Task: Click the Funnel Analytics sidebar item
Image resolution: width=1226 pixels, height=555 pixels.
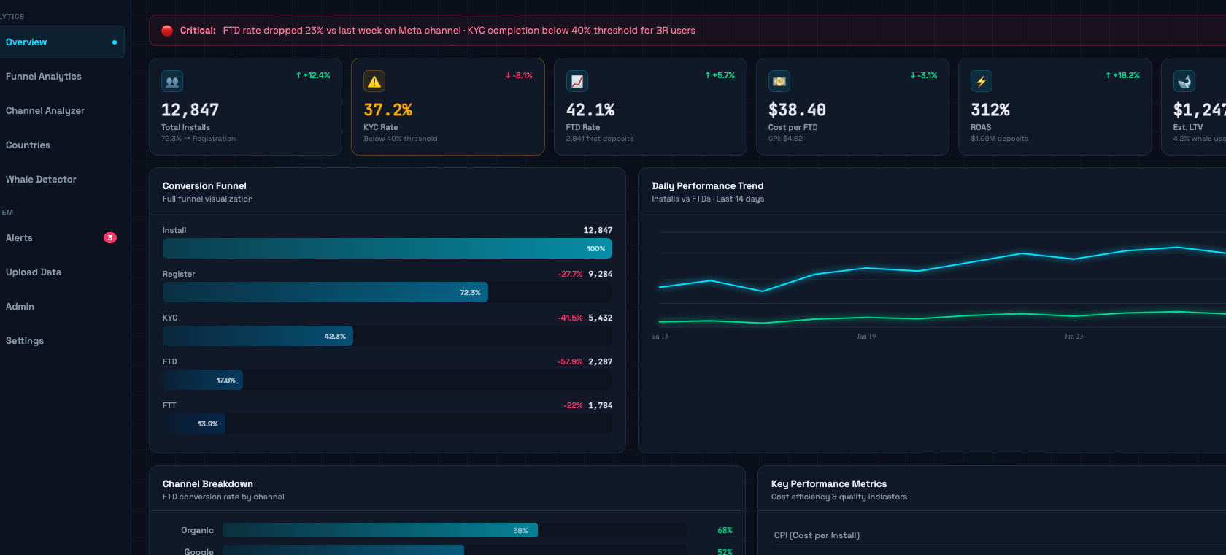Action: pyautogui.click(x=44, y=77)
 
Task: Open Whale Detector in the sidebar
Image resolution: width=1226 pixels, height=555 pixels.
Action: pyautogui.click(x=41, y=180)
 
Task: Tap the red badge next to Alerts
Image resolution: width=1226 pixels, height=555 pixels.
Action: pyautogui.click(x=110, y=238)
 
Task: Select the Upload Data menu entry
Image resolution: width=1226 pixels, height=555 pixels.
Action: pyautogui.click(x=34, y=272)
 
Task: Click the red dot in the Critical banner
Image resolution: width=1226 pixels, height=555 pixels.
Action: pyautogui.click(x=167, y=31)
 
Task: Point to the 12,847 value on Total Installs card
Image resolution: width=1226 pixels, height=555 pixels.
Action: pyautogui.click(x=190, y=110)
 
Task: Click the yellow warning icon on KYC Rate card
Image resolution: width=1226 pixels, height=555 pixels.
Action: pyautogui.click(x=374, y=82)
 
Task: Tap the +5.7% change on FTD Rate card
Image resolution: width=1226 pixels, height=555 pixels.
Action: pyautogui.click(x=720, y=75)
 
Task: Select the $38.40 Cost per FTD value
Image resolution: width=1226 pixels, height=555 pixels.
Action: pyautogui.click(x=797, y=110)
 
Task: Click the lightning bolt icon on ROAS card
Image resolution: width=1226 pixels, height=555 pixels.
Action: pyautogui.click(x=982, y=82)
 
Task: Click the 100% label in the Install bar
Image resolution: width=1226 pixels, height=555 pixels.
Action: pyautogui.click(x=595, y=249)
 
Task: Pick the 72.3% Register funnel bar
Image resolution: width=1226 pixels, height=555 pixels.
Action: pyautogui.click(x=325, y=292)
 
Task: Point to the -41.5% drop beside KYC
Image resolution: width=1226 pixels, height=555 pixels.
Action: pyautogui.click(x=570, y=318)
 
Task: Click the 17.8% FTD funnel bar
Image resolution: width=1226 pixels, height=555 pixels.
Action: pyautogui.click(x=203, y=380)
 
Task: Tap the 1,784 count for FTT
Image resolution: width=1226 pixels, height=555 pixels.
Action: pyautogui.click(x=600, y=406)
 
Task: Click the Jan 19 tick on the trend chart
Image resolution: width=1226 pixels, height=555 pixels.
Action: pyautogui.click(x=866, y=337)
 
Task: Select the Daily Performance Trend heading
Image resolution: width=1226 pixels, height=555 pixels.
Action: pyautogui.click(x=707, y=186)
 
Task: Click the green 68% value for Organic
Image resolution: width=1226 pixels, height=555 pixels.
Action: pyautogui.click(x=725, y=531)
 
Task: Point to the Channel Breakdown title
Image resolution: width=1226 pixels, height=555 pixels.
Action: pyautogui.click(x=208, y=484)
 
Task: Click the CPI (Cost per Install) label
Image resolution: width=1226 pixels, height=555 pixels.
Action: pyautogui.click(x=817, y=535)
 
